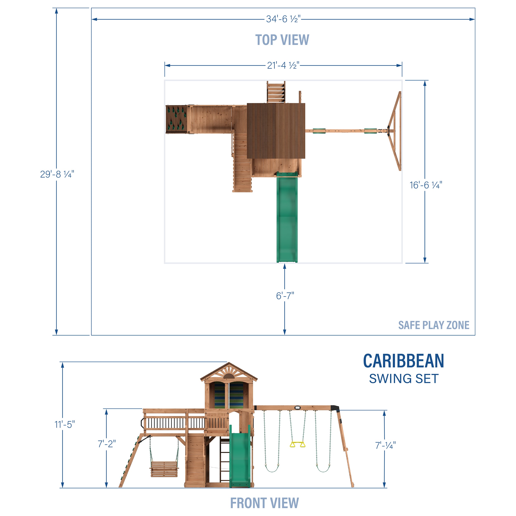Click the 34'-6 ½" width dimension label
click(x=283, y=19)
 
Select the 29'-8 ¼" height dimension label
click(x=57, y=174)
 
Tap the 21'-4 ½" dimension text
click(x=283, y=65)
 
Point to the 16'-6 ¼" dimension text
click(x=426, y=185)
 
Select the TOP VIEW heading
click(x=282, y=40)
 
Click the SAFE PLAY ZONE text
click(x=433, y=325)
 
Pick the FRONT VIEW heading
click(x=264, y=503)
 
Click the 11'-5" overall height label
click(x=65, y=424)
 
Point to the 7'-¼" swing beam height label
click(x=385, y=445)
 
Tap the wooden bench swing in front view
click(x=164, y=469)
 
